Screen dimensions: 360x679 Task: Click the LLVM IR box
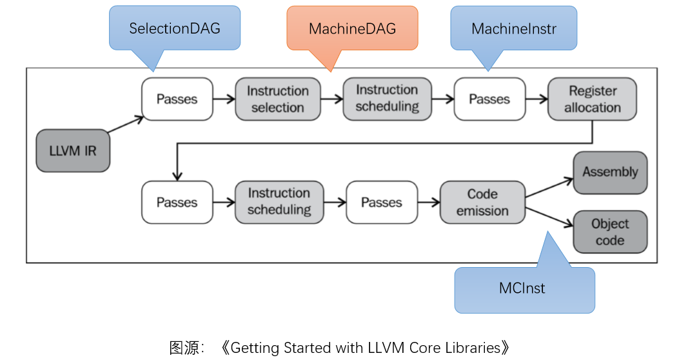73,151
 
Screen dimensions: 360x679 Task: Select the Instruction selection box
277,99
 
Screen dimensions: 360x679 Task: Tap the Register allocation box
592,99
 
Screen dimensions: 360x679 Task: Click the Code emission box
482,203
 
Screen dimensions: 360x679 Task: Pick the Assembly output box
610,172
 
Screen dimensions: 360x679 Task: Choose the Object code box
610,232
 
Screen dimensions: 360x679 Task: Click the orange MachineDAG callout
352,28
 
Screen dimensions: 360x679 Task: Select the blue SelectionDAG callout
174,28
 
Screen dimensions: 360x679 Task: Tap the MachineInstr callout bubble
513,28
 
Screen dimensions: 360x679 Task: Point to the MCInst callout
524,289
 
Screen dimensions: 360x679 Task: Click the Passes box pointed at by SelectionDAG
177,99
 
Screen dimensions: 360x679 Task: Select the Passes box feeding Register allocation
489,99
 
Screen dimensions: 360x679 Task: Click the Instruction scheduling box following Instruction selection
387,99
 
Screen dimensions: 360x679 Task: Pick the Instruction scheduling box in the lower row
279,202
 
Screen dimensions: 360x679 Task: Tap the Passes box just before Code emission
382,203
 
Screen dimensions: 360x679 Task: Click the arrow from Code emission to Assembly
549,188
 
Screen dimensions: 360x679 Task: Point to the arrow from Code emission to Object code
549,217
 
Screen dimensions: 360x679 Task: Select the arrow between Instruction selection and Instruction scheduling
331,99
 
